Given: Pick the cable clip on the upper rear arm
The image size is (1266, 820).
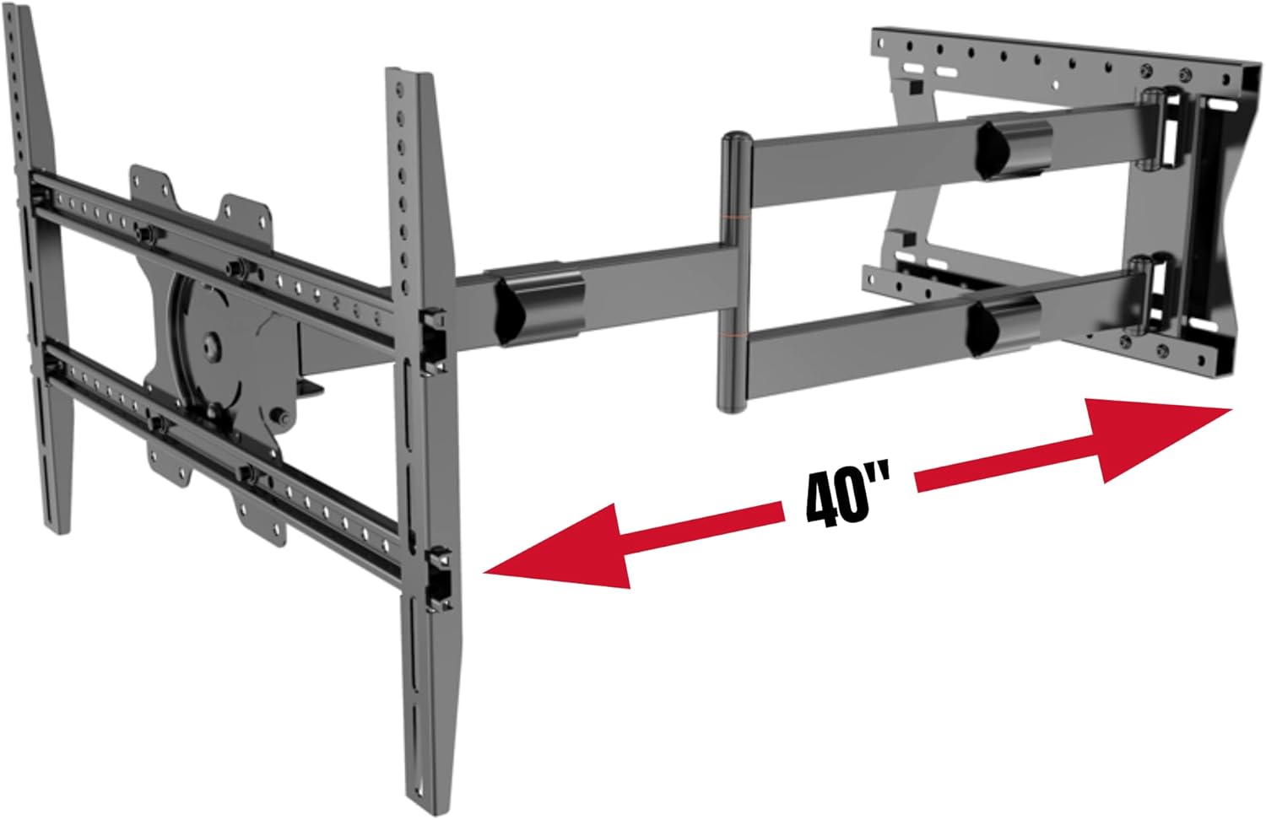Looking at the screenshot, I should tap(1014, 149).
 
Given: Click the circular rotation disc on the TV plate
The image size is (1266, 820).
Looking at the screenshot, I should tap(215, 342).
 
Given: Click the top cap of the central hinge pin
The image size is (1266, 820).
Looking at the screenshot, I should tap(732, 137).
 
